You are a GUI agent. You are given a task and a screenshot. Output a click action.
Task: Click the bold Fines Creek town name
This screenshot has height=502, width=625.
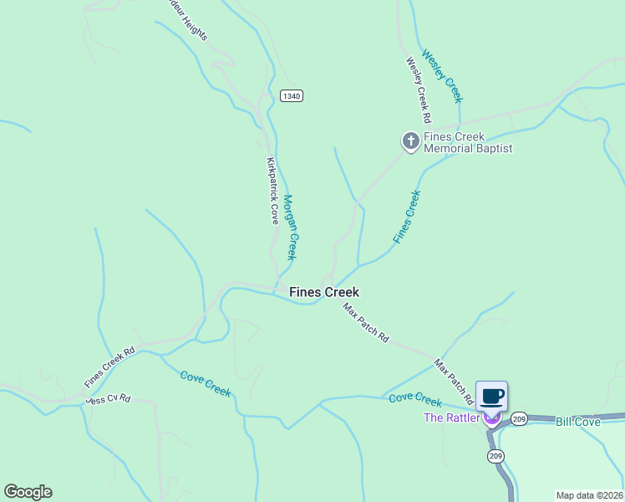(x=324, y=292)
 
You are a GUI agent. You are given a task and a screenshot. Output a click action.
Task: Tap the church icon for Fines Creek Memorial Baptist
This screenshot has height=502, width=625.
(x=410, y=142)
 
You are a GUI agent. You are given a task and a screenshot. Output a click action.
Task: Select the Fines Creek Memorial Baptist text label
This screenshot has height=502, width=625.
(x=467, y=142)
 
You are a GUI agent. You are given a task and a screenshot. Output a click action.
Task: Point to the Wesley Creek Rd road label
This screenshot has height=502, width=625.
(x=419, y=85)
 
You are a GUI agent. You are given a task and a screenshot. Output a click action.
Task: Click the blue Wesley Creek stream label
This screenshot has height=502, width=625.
(x=442, y=76)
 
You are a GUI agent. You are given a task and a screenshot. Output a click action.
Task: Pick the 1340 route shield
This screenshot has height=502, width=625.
(x=291, y=96)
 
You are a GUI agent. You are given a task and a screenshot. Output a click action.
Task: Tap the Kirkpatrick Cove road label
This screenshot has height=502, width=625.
(x=272, y=190)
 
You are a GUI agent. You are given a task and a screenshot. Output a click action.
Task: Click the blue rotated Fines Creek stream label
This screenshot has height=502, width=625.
(x=407, y=217)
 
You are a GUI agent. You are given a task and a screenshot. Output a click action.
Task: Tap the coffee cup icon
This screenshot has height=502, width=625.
(x=491, y=396)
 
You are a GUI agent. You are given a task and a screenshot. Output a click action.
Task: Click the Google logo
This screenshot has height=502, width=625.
(x=28, y=492)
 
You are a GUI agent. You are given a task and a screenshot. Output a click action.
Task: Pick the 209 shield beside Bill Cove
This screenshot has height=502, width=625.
(x=519, y=418)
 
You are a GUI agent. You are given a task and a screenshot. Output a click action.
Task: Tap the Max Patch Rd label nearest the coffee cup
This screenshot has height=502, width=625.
(x=455, y=382)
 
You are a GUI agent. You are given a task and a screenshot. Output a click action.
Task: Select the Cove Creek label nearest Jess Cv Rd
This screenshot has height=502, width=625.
(x=206, y=384)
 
